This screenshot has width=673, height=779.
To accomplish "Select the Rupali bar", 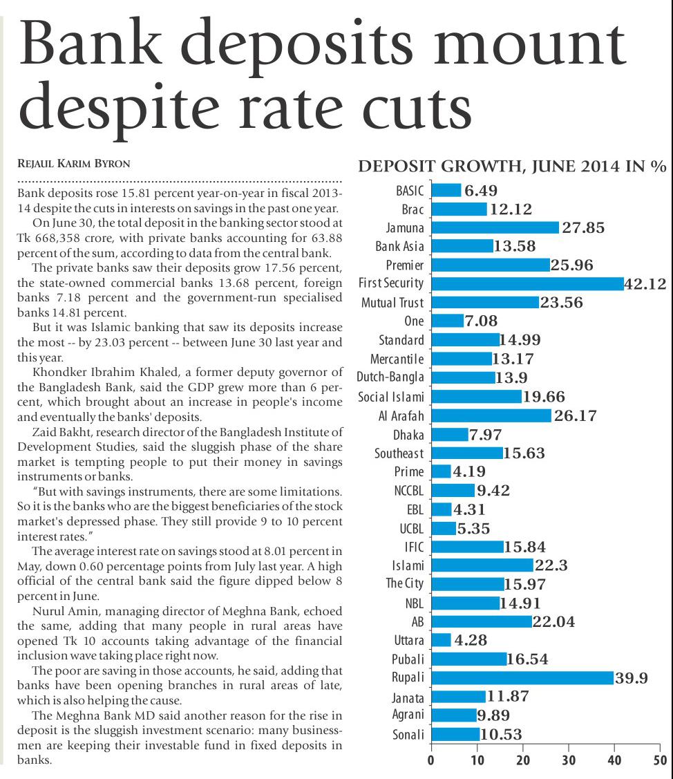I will pyautogui.click(x=522, y=677).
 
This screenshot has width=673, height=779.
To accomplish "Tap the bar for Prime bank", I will pyautogui.click(x=441, y=471).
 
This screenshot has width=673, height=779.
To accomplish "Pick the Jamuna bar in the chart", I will pyautogui.click(x=495, y=227).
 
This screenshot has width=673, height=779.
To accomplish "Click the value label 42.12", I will pyautogui.click(x=645, y=283).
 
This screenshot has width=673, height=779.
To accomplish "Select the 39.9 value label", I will pyautogui.click(x=632, y=677).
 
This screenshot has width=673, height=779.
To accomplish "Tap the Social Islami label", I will pyautogui.click(x=391, y=397).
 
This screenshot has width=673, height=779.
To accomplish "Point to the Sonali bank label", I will pyautogui.click(x=408, y=735).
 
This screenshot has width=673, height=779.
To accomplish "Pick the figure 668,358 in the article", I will pyautogui.click(x=57, y=237).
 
